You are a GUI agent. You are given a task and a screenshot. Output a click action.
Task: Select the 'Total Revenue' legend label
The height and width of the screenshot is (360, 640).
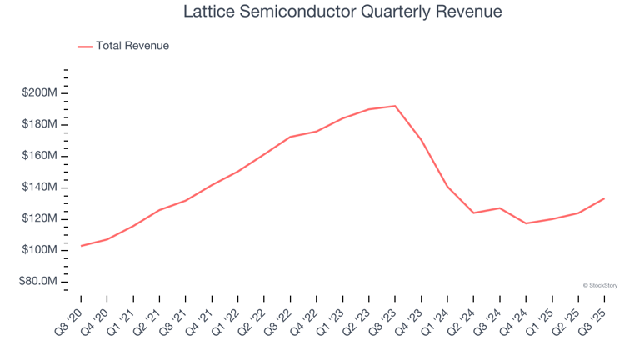[132, 46]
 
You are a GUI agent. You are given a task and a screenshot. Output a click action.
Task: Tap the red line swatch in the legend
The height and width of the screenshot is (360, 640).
[84, 47]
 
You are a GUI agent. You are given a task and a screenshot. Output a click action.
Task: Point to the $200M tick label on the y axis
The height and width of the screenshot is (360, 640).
[40, 92]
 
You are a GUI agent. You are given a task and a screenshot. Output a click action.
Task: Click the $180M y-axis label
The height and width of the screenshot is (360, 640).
[40, 124]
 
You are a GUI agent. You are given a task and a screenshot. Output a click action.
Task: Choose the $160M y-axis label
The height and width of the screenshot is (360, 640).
[40, 156]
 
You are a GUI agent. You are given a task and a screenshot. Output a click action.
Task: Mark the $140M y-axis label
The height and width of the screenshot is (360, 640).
[40, 187]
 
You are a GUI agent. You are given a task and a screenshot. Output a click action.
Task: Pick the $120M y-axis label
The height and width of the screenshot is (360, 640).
[40, 218]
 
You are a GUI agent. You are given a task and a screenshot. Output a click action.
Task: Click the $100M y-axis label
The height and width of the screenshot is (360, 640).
[40, 250]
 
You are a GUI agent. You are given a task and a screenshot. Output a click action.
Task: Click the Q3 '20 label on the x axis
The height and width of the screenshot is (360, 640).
[70, 319]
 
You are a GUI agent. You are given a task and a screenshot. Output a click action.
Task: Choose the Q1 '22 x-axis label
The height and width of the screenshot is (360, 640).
[227, 319]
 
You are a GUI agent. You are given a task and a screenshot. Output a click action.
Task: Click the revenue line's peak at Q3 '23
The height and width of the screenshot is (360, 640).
[395, 106]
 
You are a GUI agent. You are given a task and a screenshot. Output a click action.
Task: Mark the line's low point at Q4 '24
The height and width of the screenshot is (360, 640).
[526, 223]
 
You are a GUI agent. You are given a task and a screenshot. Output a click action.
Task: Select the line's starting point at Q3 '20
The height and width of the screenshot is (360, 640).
[82, 246]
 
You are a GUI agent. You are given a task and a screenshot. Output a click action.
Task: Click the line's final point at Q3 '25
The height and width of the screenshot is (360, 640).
[604, 198]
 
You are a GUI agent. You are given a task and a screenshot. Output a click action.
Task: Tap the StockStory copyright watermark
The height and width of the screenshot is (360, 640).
[600, 285]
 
